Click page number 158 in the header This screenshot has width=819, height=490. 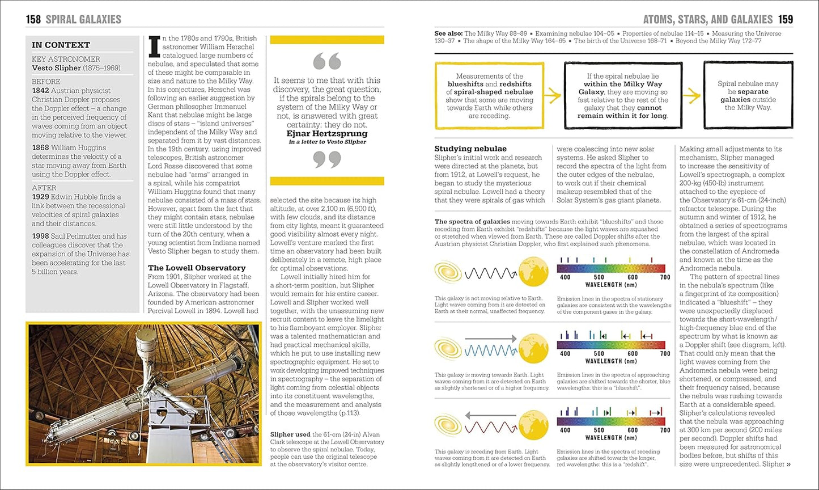point(33,19)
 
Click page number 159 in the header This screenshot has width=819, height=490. point(785,19)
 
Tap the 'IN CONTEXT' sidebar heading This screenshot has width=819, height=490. point(61,45)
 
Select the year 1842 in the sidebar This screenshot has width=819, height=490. point(40,91)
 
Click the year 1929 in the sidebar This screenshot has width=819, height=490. point(40,197)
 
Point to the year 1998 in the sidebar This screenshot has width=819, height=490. point(40,236)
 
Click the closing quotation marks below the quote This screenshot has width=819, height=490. point(326,160)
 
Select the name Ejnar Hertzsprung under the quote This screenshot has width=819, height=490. point(326,134)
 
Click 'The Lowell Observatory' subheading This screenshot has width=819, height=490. point(197,268)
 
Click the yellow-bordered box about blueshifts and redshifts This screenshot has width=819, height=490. point(489,95)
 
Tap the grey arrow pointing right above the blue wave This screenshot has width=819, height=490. point(490,339)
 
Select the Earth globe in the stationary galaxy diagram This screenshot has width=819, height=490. point(533,272)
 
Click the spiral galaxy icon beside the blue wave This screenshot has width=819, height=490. point(448,348)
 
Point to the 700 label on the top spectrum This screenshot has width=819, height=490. point(665,277)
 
